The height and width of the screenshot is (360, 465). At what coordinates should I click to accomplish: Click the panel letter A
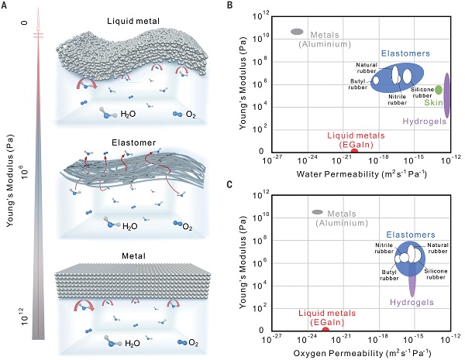[6, 7]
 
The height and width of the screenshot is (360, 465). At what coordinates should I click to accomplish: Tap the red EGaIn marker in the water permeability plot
[354, 150]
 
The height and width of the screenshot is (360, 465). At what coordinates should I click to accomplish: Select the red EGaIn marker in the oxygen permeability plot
[325, 330]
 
